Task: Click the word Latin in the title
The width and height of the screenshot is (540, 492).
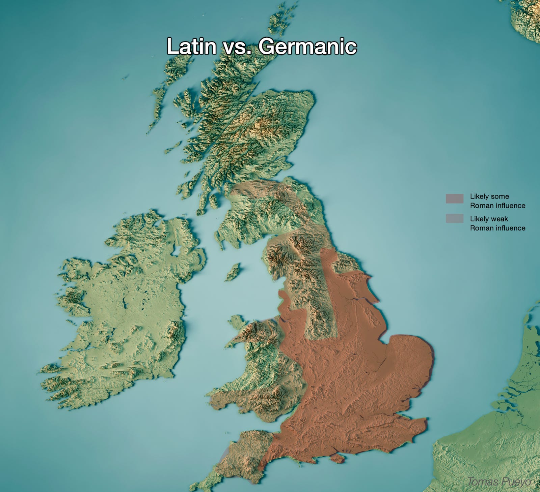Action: pyautogui.click(x=191, y=46)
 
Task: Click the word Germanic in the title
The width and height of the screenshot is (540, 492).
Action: pyautogui.click(x=307, y=46)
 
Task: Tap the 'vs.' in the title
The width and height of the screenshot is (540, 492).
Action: pyautogui.click(x=238, y=47)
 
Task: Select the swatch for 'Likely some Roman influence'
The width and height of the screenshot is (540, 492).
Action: pyautogui.click(x=454, y=198)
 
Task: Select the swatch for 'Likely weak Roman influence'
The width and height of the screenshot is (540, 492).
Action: pyautogui.click(x=454, y=218)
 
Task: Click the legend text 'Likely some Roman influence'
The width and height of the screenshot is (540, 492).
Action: pyautogui.click(x=497, y=201)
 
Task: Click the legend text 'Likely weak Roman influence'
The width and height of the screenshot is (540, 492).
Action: pyautogui.click(x=497, y=223)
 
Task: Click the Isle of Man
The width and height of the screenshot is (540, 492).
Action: pyautogui.click(x=233, y=272)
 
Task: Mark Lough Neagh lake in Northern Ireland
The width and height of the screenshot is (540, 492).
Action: pyautogui.click(x=177, y=250)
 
